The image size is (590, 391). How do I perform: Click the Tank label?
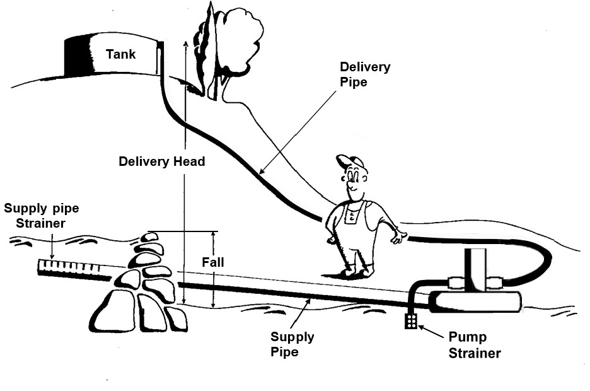click(120, 54)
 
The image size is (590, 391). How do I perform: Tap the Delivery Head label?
click(162, 161)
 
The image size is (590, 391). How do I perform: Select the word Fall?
click(213, 262)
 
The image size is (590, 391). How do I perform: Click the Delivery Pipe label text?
click(365, 74)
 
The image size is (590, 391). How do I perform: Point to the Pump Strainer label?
click(475, 345)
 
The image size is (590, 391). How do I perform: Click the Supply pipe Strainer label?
click(42, 216)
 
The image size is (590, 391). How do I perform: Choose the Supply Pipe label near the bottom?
click(292, 344)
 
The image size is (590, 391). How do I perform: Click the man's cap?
click(350, 161)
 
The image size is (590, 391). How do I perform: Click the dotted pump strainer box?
click(411, 321)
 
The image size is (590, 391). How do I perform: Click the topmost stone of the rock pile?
click(149, 237)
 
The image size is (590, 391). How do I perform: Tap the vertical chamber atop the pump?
click(475, 269)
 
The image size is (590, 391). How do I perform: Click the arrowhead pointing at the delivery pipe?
click(262, 170)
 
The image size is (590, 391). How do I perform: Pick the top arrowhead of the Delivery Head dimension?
click(185, 44)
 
